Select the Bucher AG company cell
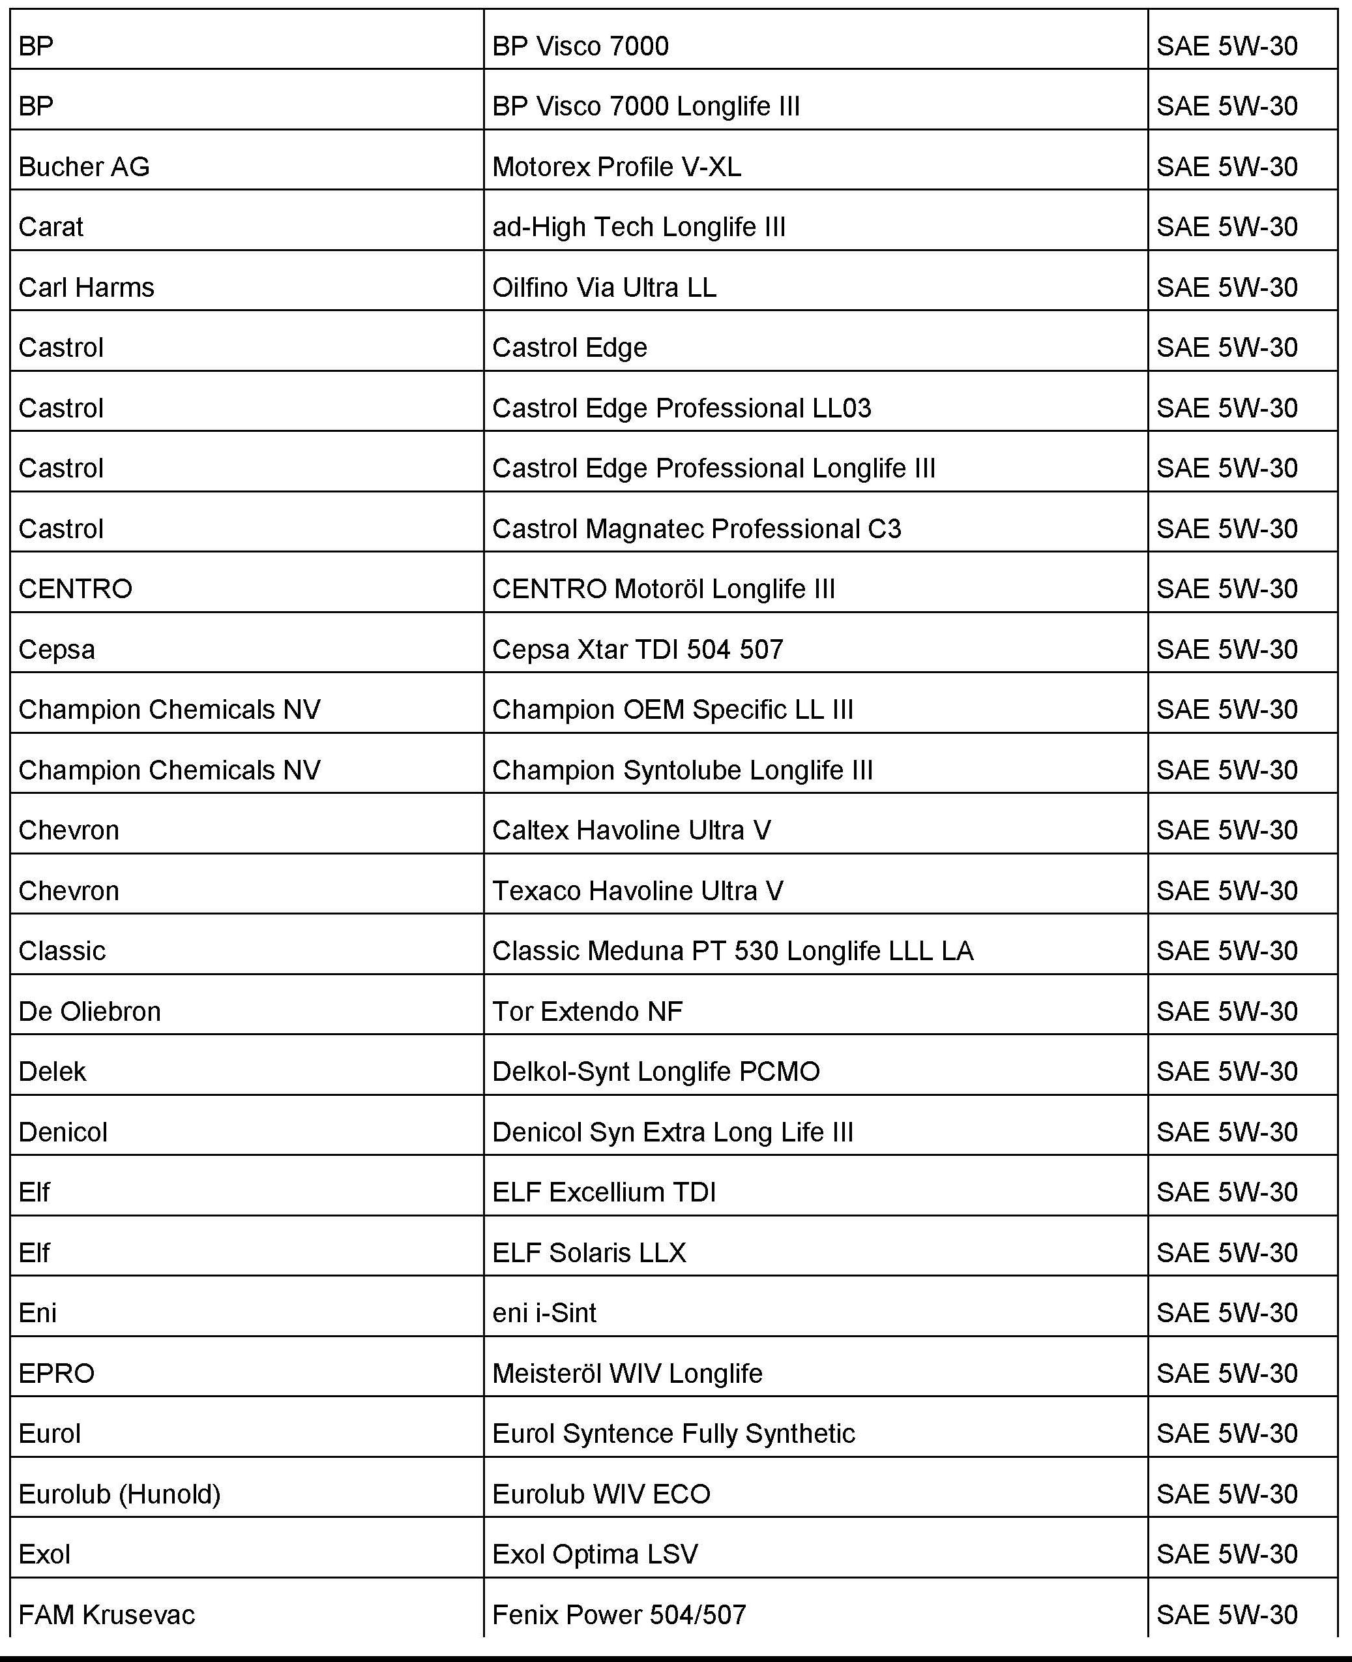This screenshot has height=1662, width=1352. (84, 167)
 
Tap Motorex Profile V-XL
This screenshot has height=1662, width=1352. (616, 167)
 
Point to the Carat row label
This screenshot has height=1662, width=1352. (51, 227)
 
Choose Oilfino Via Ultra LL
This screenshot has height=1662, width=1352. (604, 288)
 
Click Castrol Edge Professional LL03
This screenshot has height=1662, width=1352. (681, 408)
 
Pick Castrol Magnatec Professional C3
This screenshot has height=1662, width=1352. (696, 528)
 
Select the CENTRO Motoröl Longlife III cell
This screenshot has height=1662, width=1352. (664, 588)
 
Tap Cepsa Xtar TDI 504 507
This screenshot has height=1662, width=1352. (637, 649)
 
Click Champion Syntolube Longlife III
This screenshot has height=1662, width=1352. (683, 770)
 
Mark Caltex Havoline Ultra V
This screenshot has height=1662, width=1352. (632, 830)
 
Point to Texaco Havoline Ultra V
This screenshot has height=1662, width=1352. (637, 890)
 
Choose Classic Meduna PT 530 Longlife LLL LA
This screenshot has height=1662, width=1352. (732, 950)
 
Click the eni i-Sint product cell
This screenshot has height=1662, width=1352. (544, 1312)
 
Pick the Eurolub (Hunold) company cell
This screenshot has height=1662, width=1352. (120, 1494)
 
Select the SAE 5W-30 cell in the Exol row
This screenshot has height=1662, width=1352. (1227, 1554)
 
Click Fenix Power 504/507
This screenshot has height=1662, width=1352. (619, 1614)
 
